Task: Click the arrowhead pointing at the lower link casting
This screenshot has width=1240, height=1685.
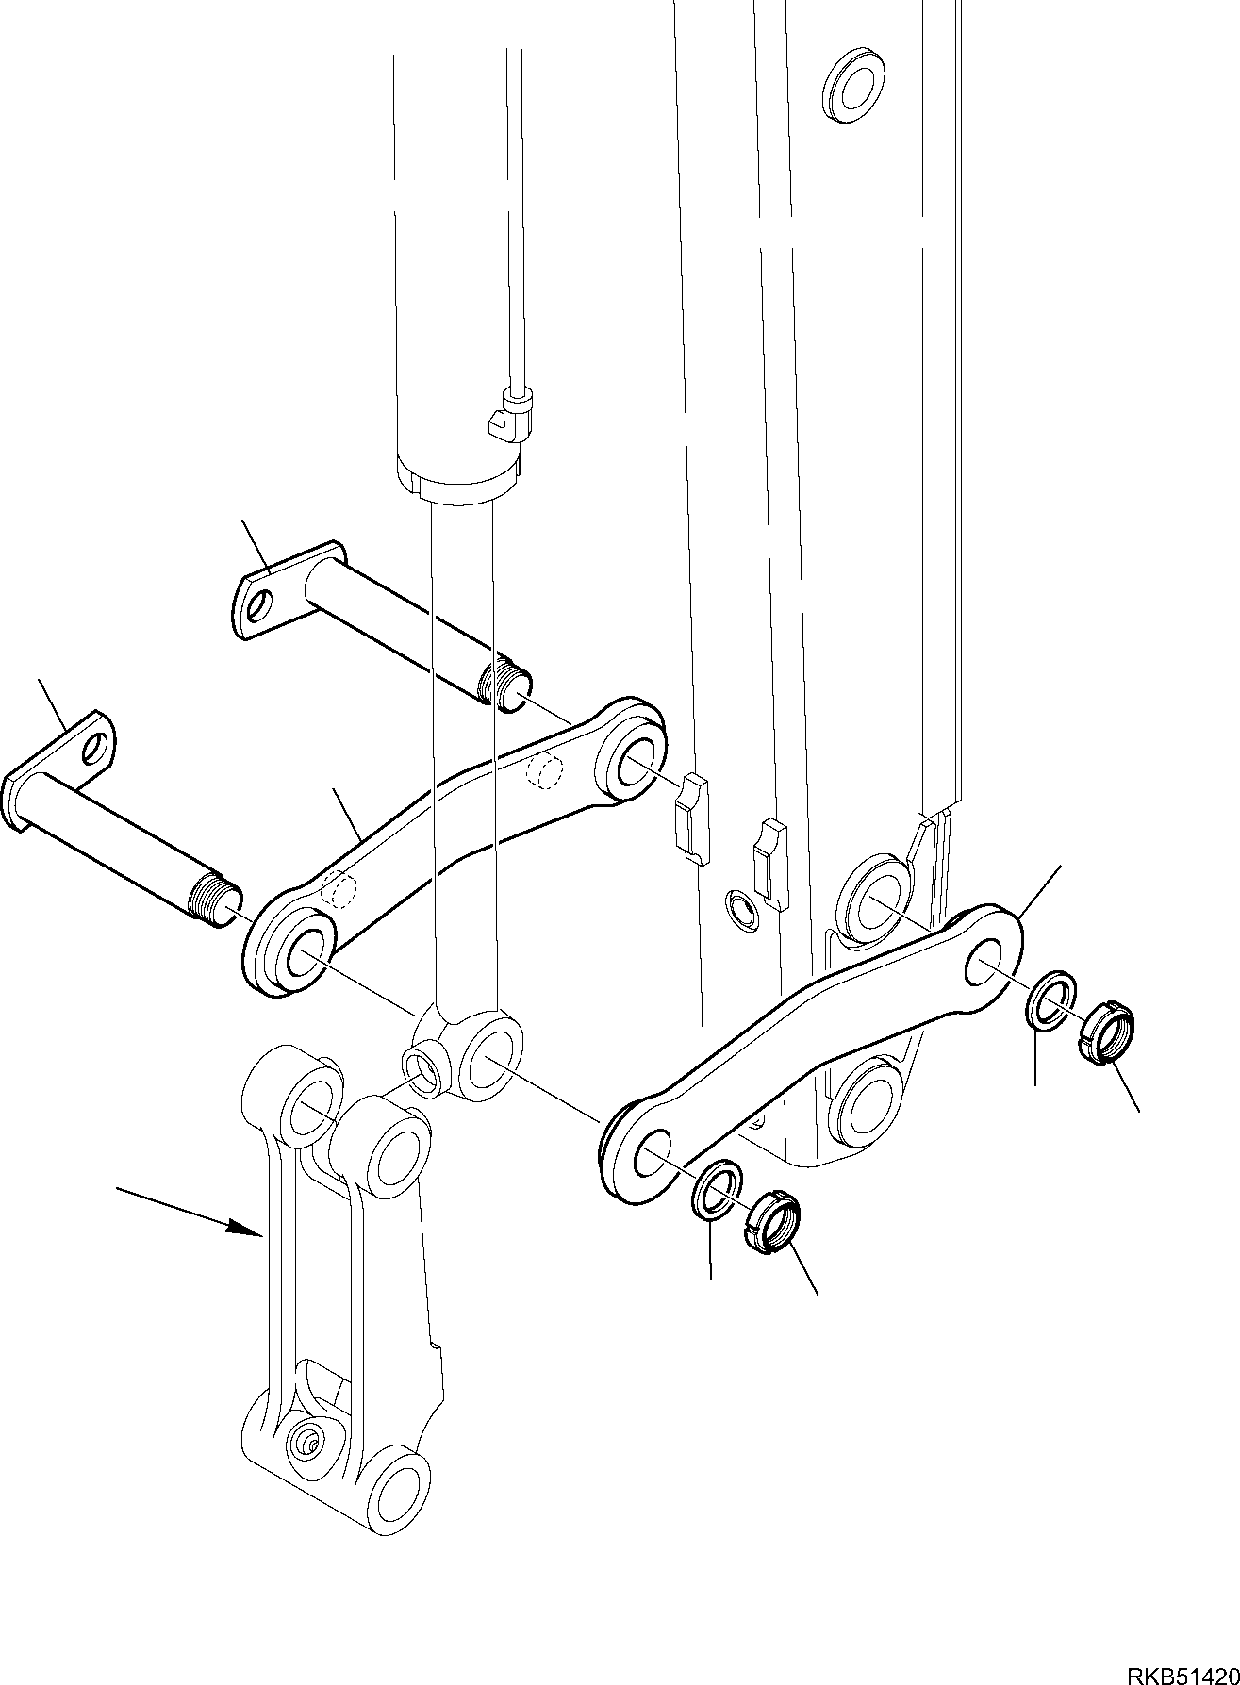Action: (x=248, y=1228)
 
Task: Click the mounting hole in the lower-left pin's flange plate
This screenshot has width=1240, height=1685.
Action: (x=94, y=749)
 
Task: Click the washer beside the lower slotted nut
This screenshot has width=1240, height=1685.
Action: (x=718, y=1191)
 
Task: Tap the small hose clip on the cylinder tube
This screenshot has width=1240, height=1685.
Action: (x=513, y=413)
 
